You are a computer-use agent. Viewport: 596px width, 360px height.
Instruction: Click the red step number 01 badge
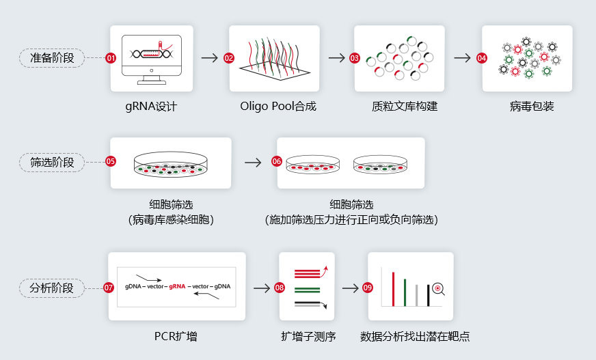111,58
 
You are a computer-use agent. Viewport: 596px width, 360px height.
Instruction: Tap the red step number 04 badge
482,58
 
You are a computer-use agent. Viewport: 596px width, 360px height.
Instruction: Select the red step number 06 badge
276,161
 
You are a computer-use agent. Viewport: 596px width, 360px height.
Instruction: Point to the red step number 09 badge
367,288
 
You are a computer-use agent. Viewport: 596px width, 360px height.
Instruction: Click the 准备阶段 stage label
52,58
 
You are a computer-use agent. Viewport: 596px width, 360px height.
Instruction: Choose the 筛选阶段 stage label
52,162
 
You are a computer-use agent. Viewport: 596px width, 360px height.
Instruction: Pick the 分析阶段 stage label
52,288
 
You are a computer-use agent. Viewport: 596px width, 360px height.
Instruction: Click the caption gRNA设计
151,107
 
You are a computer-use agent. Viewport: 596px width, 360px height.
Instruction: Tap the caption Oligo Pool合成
278,106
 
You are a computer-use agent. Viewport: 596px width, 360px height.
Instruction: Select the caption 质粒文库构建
405,106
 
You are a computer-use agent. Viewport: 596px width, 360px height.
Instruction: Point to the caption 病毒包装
531,106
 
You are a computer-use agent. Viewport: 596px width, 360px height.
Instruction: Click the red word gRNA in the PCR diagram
177,286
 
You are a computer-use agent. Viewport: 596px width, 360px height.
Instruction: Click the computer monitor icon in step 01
152,59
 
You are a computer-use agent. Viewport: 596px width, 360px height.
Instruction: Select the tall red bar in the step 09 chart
393,289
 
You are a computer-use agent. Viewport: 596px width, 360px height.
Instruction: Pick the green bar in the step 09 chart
405,292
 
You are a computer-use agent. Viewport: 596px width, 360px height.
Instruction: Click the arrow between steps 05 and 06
253,163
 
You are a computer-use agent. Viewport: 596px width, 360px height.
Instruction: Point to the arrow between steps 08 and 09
351,288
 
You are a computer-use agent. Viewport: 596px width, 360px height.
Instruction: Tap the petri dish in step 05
171,165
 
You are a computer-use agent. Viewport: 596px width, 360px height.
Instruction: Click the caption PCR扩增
176,337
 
